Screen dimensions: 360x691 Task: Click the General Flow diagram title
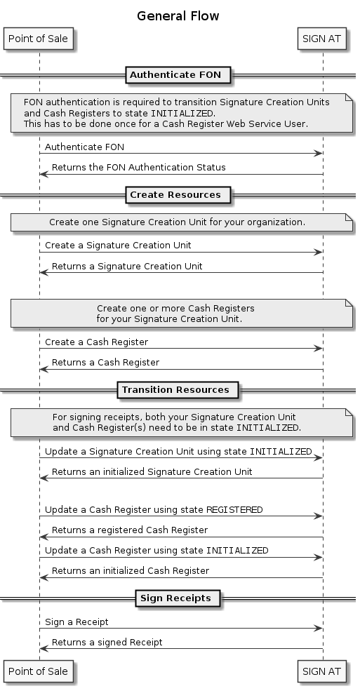pyautogui.click(x=178, y=16)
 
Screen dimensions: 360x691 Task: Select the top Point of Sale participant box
pyautogui.click(x=39, y=39)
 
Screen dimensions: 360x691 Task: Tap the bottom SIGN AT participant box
pyautogui.click(x=321, y=671)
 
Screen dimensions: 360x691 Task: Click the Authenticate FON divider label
pyautogui.click(x=175, y=75)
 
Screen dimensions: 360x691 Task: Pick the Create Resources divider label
pyautogui.click(x=175, y=195)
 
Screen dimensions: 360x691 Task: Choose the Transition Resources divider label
pyautogui.click(x=175, y=390)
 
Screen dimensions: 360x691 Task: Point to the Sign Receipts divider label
pyautogui.click(x=176, y=598)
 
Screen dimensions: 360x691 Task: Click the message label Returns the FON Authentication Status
pyautogui.click(x=139, y=168)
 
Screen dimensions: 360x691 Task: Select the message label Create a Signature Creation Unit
pyautogui.click(x=118, y=245)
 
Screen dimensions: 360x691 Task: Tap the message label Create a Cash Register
pyautogui.click(x=97, y=342)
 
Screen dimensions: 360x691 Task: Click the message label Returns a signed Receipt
pyautogui.click(x=107, y=643)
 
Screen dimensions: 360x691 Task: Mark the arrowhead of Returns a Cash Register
pyautogui.click(x=44, y=369)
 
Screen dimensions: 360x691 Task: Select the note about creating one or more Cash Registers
pyautogui.click(x=182, y=314)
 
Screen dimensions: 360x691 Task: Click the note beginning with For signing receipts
pyautogui.click(x=182, y=422)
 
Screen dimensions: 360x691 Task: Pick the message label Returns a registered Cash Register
pyautogui.click(x=130, y=530)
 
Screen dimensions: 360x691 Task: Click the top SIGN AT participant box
pyautogui.click(x=321, y=39)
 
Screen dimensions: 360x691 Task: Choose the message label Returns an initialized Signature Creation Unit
pyautogui.click(x=152, y=472)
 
